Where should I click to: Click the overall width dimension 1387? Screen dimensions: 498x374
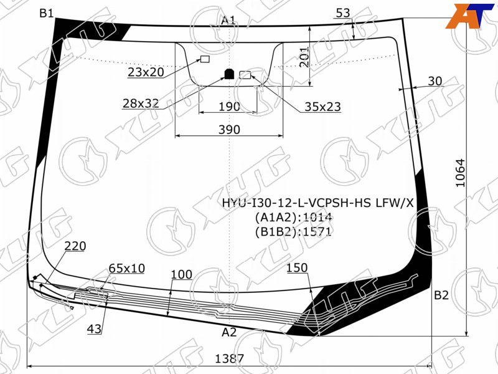[x=229, y=359]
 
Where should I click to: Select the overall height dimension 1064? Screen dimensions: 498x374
[x=460, y=173]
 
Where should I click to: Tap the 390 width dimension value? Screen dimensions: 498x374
[x=229, y=130]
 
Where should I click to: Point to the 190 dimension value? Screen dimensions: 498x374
[x=229, y=107]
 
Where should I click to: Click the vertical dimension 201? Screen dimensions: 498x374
[x=304, y=57]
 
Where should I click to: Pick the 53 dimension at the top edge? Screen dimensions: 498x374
[x=343, y=13]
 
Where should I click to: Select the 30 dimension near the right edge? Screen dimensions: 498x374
[x=435, y=81]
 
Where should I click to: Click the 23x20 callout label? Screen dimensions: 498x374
[x=146, y=72]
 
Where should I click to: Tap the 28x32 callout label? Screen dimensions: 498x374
[x=141, y=103]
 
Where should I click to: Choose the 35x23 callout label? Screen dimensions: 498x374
[x=322, y=107]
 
